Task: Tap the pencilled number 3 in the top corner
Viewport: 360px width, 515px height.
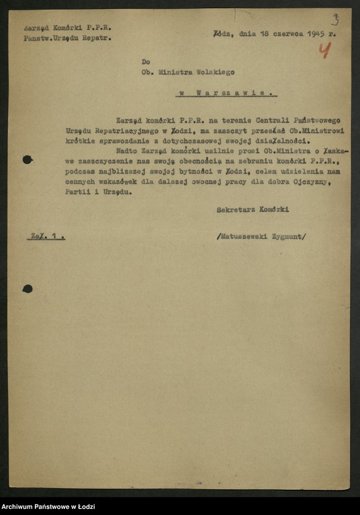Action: [x=335, y=19]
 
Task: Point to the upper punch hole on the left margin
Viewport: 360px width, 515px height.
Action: [x=28, y=160]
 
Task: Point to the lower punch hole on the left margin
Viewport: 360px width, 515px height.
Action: [x=28, y=288]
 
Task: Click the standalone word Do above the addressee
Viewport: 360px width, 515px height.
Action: [x=145, y=61]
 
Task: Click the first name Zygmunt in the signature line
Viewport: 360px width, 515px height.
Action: [x=286, y=235]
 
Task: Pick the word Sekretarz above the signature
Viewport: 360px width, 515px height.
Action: [x=236, y=210]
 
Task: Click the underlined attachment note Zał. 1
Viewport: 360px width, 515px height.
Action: [x=46, y=235]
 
